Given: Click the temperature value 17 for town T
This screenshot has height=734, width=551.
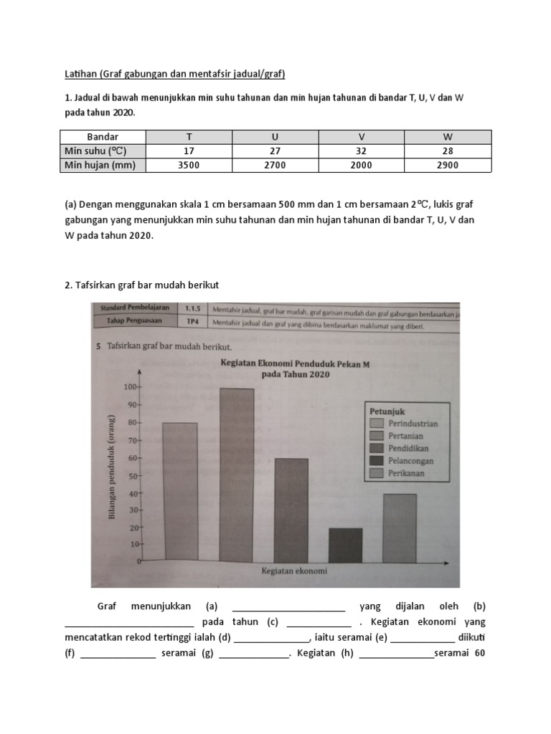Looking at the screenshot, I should coord(189,151).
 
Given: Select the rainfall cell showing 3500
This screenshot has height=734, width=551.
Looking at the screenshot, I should coord(189,165).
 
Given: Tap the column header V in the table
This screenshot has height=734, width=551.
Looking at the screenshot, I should coord(361,136).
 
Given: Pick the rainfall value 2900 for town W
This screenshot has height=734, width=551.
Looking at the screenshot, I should coord(448,165).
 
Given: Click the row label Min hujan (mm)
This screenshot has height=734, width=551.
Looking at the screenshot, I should coord(103,165).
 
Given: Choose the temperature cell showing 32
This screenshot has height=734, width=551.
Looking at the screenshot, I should coord(361,151).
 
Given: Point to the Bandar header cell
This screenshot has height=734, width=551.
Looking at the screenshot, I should coord(103,136).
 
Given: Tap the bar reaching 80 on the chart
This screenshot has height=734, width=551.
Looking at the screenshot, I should coord(180,492).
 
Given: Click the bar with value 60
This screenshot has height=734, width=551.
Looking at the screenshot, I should coord(291,510).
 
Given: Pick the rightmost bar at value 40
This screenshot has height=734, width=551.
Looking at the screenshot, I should coord(400,528).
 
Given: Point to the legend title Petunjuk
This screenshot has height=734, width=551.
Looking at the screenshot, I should coord(388,411).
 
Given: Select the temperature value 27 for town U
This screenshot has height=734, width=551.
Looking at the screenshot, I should coord(275,151).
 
